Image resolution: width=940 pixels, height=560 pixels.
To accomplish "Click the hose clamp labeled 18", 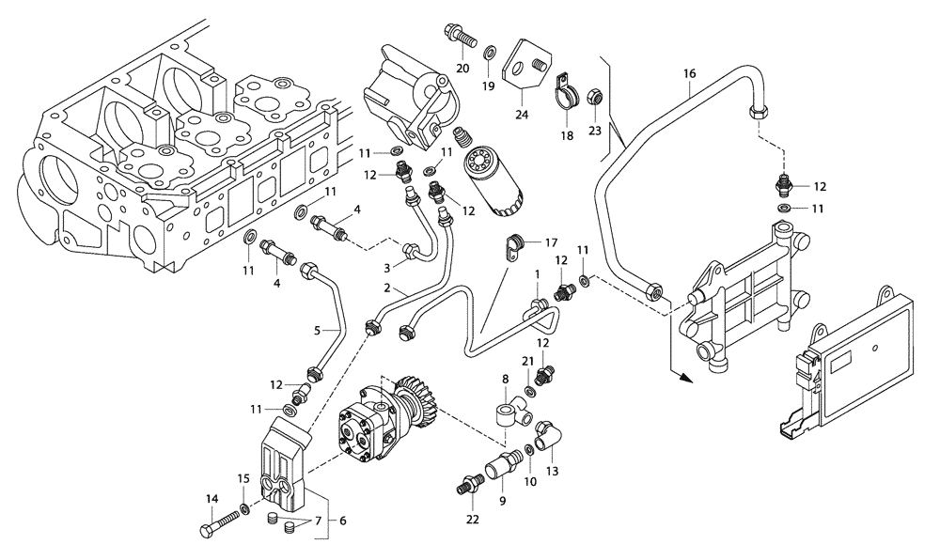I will [x=565, y=91].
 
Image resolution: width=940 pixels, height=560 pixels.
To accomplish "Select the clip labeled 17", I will [x=513, y=246].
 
